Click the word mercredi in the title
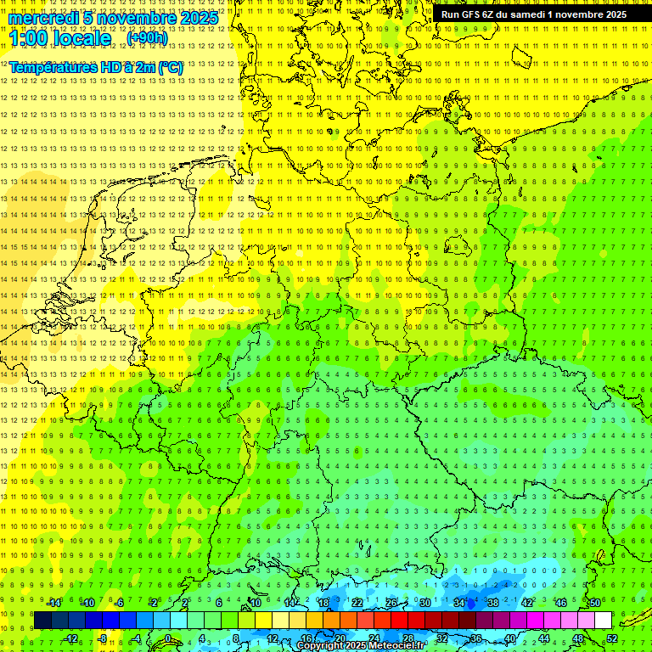point(45,18)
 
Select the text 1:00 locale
point(60,38)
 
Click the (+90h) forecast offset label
point(147,38)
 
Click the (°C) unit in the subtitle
point(170,67)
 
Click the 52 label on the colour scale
point(612,638)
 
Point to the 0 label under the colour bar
point(167,638)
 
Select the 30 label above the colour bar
point(424,603)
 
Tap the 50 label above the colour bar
point(594,603)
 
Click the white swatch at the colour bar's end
point(603,620)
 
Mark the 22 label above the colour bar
point(357,603)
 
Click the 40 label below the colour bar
point(510,638)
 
